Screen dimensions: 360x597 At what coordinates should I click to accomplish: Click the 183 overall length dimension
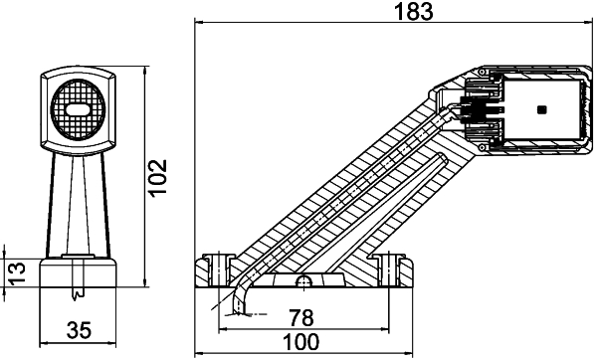coord(392,12)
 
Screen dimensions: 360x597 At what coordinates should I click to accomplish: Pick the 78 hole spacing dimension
coord(300,318)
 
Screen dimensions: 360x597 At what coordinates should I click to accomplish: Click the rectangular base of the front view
coord(77,274)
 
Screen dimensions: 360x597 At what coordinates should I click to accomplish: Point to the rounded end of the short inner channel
coord(441,157)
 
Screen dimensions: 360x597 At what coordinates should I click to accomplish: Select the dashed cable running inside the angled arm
coord(338,199)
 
